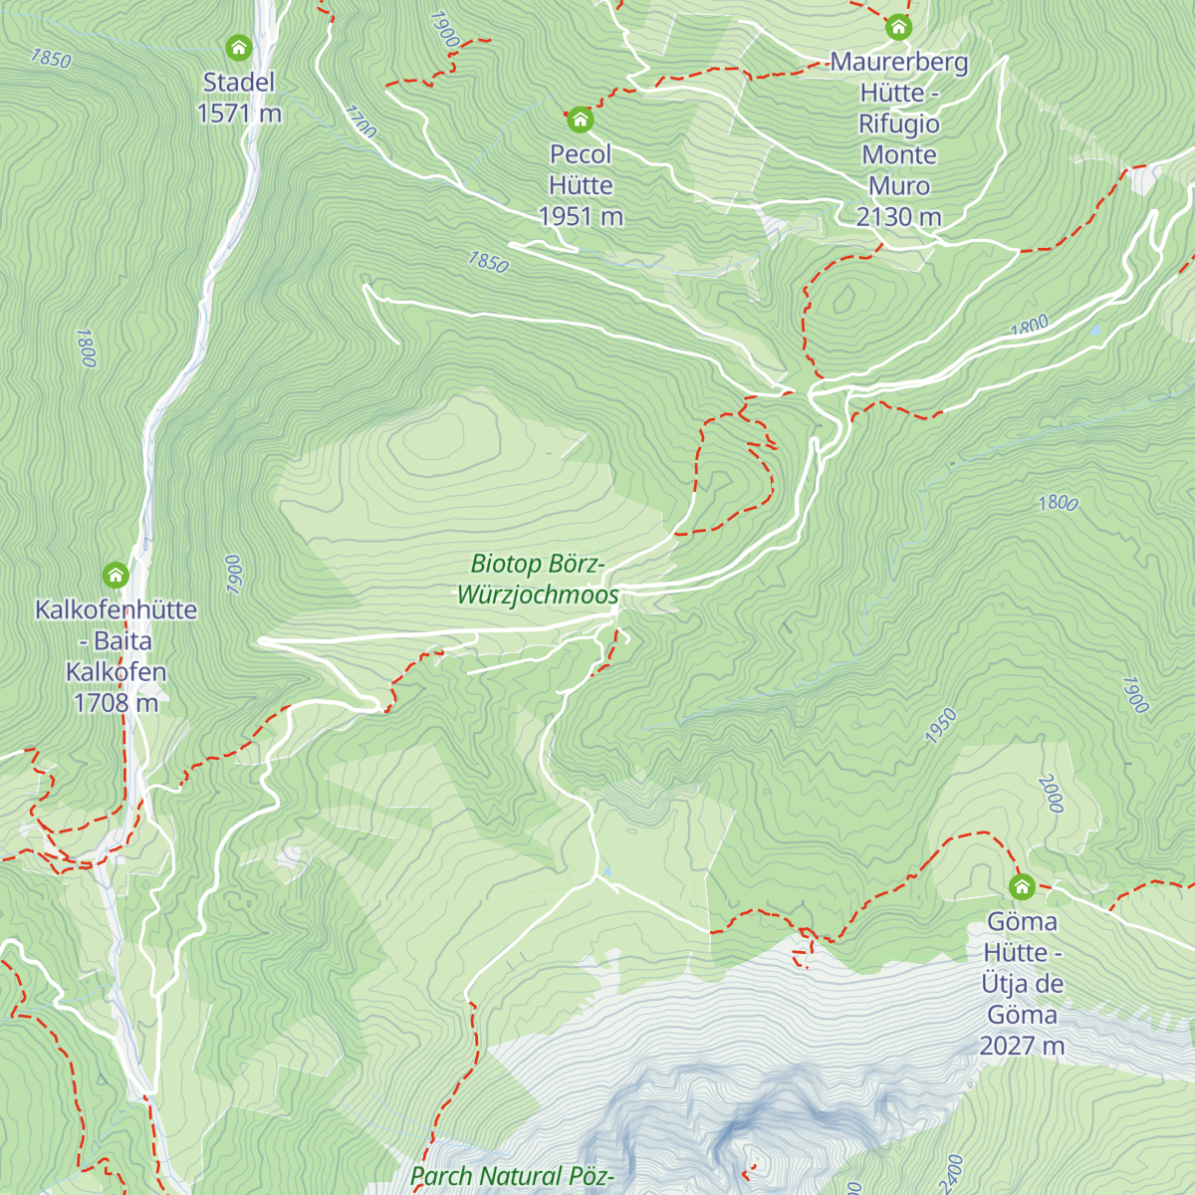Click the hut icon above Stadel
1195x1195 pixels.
238,47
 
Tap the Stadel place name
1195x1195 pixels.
239,83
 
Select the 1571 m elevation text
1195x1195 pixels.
239,114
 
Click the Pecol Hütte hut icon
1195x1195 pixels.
581,120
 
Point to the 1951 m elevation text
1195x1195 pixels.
581,216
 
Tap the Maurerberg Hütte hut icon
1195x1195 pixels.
899,26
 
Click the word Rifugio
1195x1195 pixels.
899,123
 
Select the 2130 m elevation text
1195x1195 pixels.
899,216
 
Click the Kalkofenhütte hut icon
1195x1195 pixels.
117,575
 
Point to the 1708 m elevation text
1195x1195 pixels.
117,702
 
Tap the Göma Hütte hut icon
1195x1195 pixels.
1022,886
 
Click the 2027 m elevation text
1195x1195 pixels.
1022,1046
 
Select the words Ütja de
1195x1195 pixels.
1022,984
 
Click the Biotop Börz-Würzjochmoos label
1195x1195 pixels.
538,580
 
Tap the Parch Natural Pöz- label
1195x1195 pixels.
513,1176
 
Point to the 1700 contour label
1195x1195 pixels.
361,121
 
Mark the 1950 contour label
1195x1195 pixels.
940,726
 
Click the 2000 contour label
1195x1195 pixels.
1051,794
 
